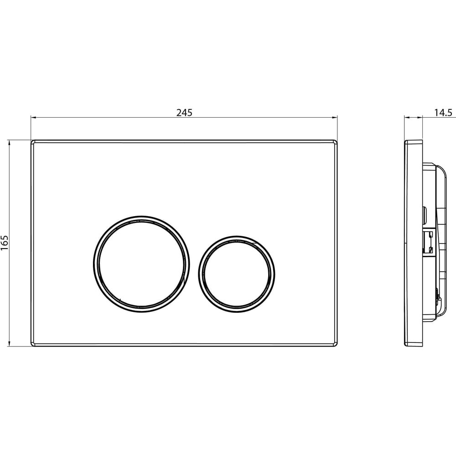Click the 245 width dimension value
184,113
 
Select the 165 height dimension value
5,243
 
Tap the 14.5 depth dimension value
444,113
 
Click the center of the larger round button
142,264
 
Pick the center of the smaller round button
237,274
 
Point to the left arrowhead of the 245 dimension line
33,118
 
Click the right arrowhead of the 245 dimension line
335,118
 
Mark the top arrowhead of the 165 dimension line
9,142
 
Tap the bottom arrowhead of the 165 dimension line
9,344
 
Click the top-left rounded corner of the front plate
32,142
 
